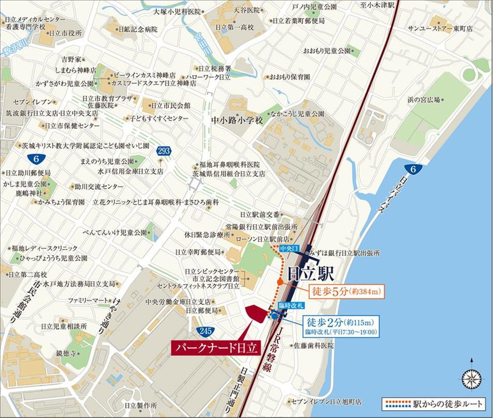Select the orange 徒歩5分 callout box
click(x=347, y=292)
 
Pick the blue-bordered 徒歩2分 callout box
click(x=343, y=325)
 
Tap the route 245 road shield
click(x=204, y=331)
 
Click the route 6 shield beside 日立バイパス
click(x=411, y=169)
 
